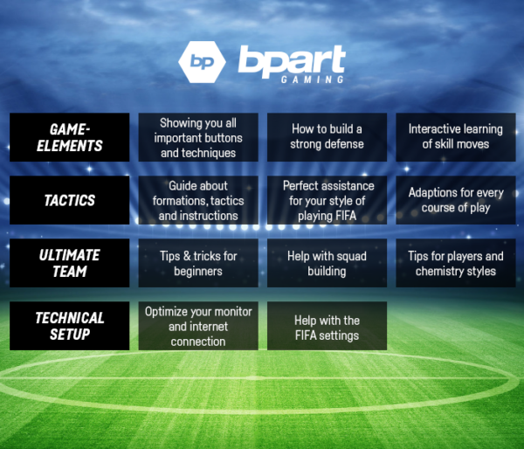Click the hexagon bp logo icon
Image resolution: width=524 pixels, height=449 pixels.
click(x=201, y=61)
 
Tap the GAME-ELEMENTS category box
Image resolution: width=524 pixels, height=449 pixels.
click(x=70, y=137)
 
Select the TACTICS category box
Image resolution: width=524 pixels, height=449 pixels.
click(x=70, y=200)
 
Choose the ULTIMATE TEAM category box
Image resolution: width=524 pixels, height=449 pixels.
click(x=70, y=263)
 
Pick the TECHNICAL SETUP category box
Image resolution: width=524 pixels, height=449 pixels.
click(x=70, y=326)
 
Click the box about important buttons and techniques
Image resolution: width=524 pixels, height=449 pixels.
click(x=198, y=137)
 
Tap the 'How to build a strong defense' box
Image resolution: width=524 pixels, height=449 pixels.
click(x=327, y=137)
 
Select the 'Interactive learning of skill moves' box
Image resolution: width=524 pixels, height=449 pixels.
click(x=455, y=137)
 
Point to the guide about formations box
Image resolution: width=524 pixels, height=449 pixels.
click(x=198, y=200)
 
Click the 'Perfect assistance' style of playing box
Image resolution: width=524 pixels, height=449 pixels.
click(x=327, y=200)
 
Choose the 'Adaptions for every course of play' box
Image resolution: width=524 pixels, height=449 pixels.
click(x=455, y=200)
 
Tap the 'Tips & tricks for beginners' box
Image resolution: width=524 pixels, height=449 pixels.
click(x=198, y=263)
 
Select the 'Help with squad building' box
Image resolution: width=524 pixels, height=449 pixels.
click(x=327, y=263)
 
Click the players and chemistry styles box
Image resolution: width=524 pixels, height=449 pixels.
click(x=455, y=263)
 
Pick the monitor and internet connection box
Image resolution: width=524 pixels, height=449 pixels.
click(x=198, y=326)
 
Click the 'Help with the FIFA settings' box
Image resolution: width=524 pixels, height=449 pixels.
click(x=327, y=326)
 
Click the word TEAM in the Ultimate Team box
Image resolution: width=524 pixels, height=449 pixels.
click(x=70, y=272)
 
